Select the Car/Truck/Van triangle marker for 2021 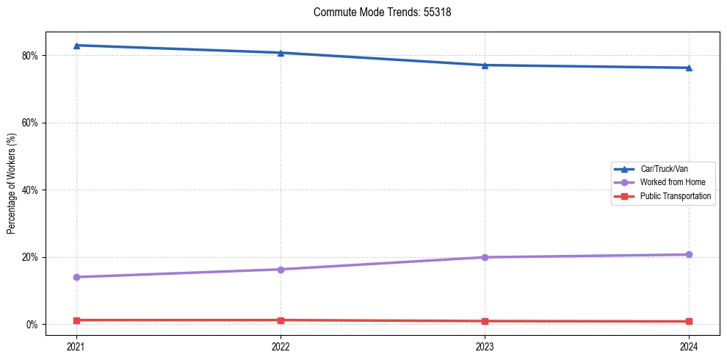76,46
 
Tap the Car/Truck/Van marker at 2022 281,53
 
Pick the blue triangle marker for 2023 485,65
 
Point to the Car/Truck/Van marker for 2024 689,68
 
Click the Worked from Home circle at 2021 76,277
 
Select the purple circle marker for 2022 281,270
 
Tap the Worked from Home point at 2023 485,257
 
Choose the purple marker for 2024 689,255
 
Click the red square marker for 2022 281,320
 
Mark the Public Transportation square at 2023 485,321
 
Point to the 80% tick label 30,56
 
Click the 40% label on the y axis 30,190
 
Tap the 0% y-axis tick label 32,325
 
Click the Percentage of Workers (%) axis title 12,184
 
